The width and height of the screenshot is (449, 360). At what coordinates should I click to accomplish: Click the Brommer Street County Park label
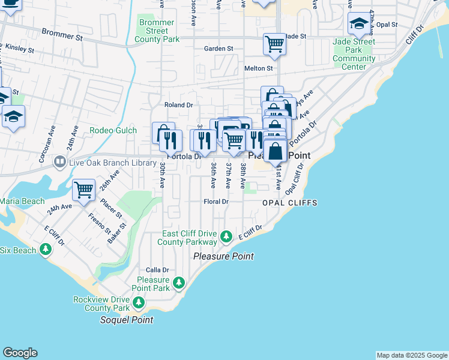coord(156,31)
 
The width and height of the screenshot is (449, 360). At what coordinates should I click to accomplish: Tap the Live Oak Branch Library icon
coord(59,161)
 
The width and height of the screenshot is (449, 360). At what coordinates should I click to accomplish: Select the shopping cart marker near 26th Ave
coord(84,190)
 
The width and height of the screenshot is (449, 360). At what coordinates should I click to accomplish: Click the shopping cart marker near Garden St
coord(274,43)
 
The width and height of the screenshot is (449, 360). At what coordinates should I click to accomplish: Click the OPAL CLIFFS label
coord(289,203)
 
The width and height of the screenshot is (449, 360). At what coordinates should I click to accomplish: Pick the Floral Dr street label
coord(217,202)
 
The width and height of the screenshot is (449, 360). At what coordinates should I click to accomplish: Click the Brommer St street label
coord(63,37)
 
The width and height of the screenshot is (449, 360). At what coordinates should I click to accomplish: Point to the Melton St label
coord(259,68)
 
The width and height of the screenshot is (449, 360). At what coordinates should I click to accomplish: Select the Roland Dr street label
coord(178,104)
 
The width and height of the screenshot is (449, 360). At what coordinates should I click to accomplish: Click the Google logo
coord(20,353)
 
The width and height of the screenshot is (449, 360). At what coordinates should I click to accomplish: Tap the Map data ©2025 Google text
coord(411,355)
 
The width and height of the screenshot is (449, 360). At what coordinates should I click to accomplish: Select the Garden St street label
coord(218,49)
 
